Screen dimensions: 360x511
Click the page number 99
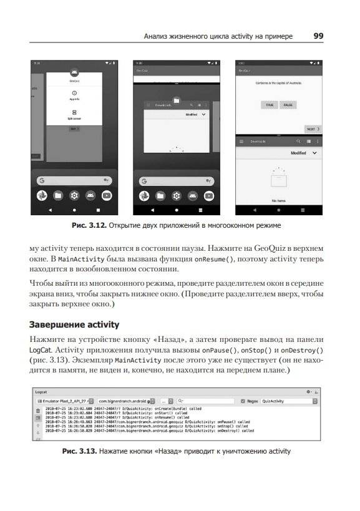pos(318,36)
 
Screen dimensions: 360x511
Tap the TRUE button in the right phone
pos(269,105)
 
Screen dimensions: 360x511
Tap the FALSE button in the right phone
pos(288,105)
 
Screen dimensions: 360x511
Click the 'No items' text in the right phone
pos(279,201)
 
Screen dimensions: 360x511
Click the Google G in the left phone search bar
pos(42,180)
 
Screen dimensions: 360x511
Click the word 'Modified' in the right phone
pos(298,153)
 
